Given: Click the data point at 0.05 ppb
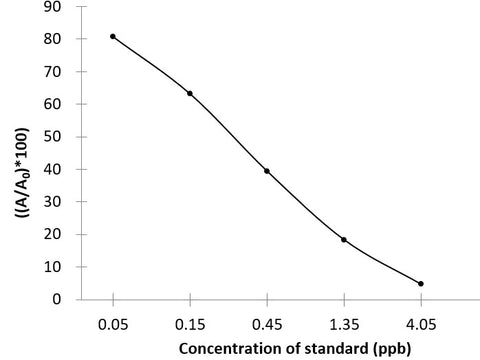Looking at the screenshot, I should tap(113, 36).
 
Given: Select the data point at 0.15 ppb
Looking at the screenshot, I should tap(190, 93).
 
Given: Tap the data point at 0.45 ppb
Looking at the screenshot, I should tap(267, 171).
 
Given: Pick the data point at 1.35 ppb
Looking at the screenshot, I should tap(344, 239).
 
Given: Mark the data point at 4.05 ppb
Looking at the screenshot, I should tap(421, 283).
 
